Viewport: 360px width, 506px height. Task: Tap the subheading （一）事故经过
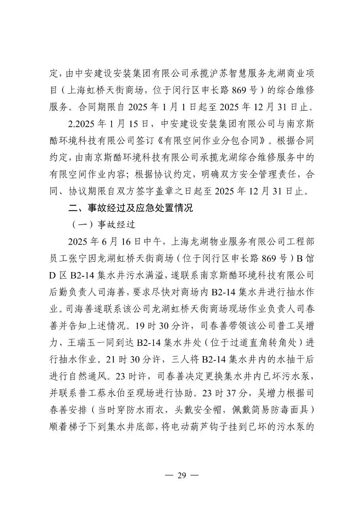click(102, 225)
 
